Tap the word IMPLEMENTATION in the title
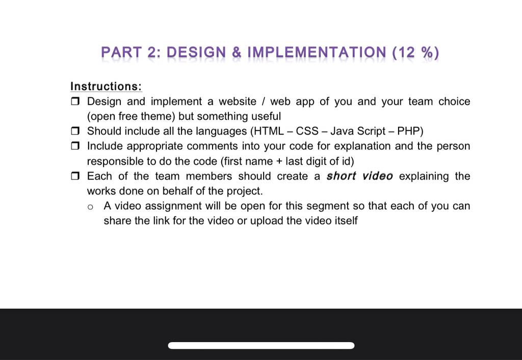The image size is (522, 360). pos(317,53)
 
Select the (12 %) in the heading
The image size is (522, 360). pos(416,53)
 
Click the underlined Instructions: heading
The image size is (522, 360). pos(106,86)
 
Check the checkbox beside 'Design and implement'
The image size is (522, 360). pos(75,101)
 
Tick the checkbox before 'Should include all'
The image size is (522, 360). pos(75,131)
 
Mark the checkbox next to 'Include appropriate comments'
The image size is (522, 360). pos(75,146)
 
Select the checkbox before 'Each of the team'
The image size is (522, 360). pos(75,176)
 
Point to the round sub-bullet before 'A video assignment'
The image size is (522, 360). pos(90,207)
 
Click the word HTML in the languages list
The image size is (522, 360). pos(269,131)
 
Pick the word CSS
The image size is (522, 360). pos(307,131)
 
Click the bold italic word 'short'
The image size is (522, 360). pos(341,176)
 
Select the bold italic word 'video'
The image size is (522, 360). pos(378,176)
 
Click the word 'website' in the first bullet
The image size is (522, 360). pos(238,101)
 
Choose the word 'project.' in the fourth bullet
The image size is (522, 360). pos(245,191)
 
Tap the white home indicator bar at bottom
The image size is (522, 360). pos(261,345)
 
